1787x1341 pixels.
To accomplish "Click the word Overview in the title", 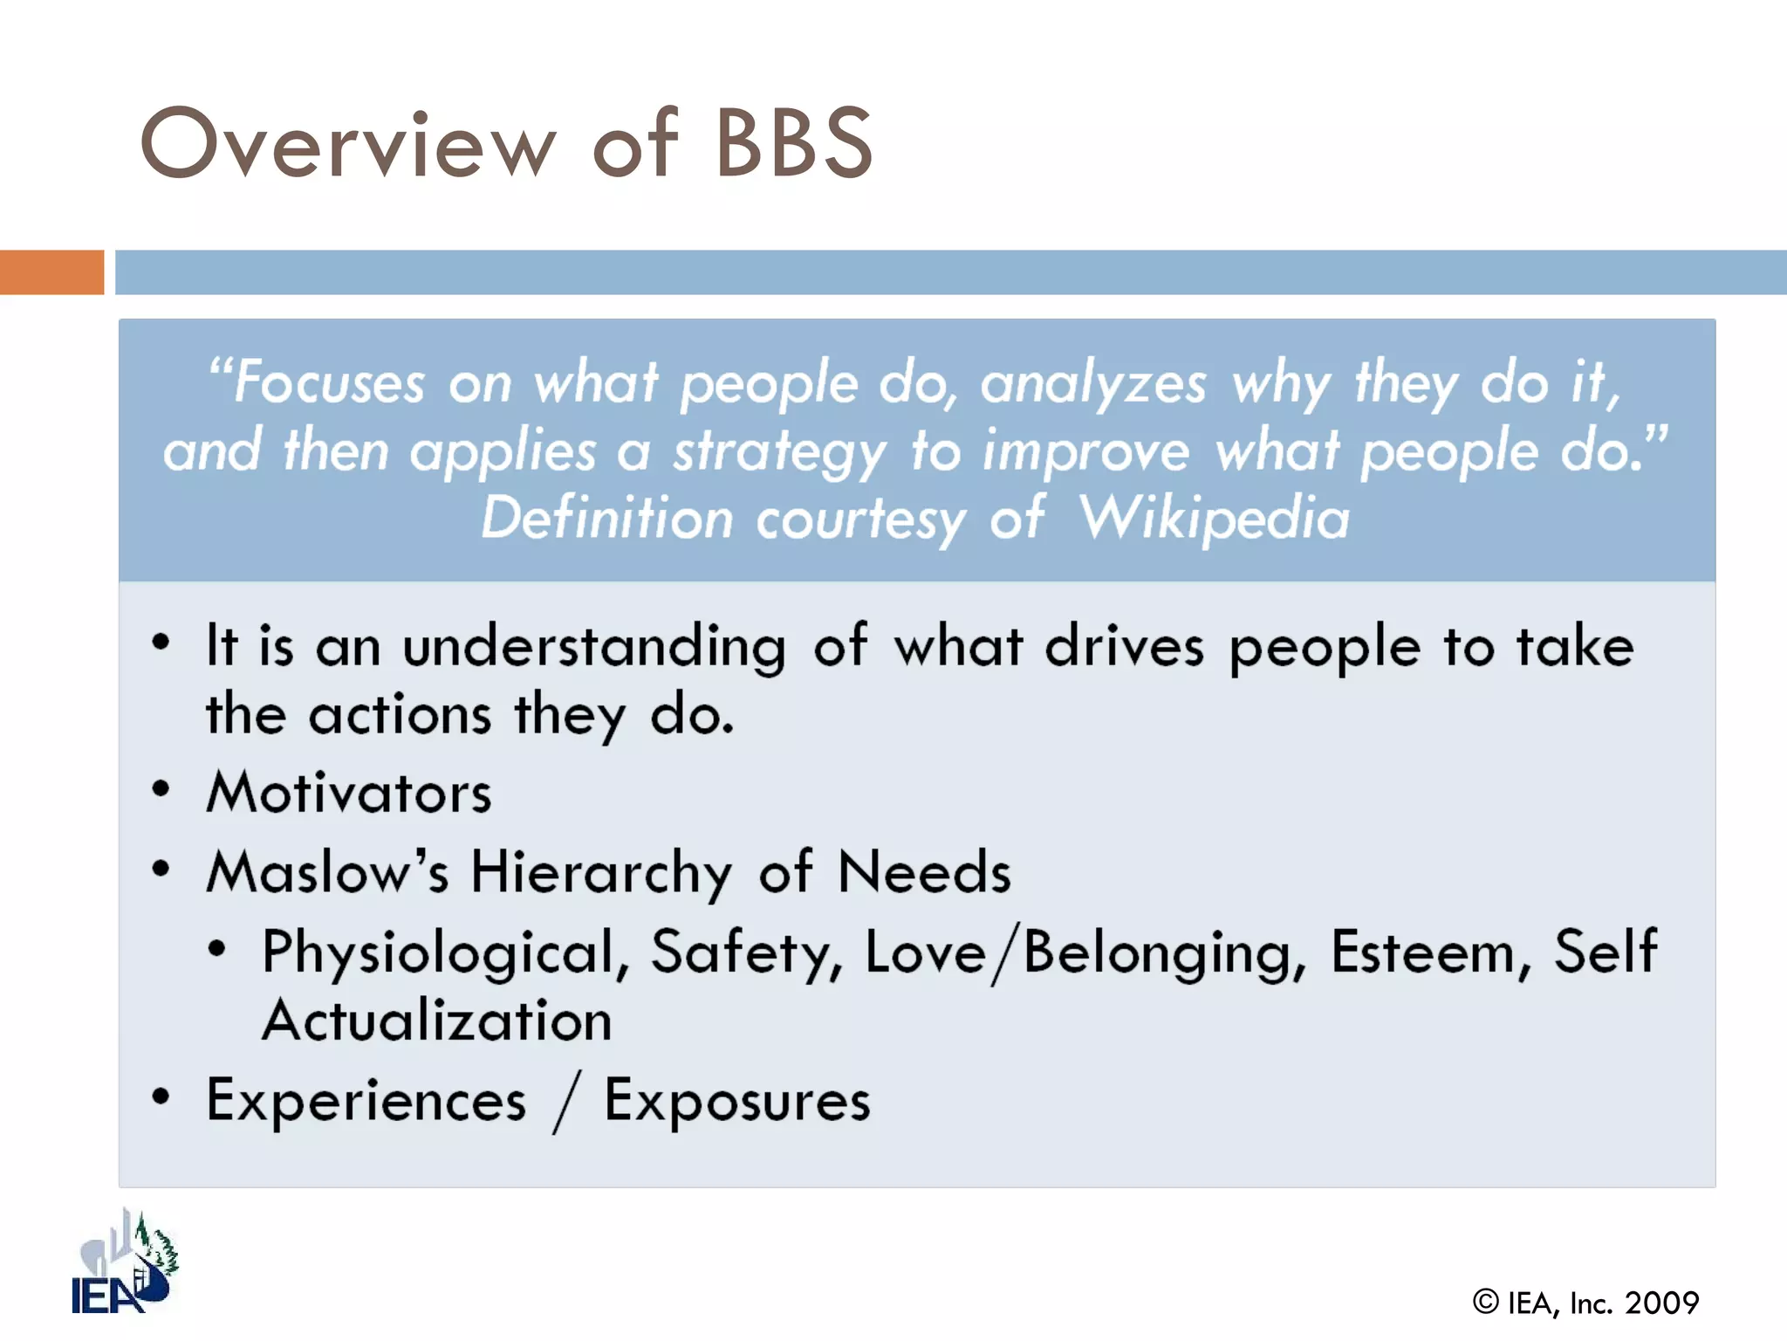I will (347, 144).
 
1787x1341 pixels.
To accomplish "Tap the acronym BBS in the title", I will (793, 144).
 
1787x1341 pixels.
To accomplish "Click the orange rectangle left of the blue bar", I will (51, 272).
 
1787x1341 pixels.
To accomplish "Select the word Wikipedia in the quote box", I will (1214, 519).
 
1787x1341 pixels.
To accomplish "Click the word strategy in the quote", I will (779, 453).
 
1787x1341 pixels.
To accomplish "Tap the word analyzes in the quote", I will (1093, 385).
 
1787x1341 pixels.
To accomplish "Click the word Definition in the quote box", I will (607, 519).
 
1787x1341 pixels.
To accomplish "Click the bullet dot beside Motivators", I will (161, 789).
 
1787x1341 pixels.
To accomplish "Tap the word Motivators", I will (349, 793).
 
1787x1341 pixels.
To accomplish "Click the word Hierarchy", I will (601, 873).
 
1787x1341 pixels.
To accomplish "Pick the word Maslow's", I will (327, 872).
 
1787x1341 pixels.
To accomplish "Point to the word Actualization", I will (437, 1021).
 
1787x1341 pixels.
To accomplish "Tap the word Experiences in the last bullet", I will (366, 1101).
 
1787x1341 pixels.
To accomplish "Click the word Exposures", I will (737, 1101).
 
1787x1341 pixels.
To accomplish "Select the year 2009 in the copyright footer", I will (1661, 1303).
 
